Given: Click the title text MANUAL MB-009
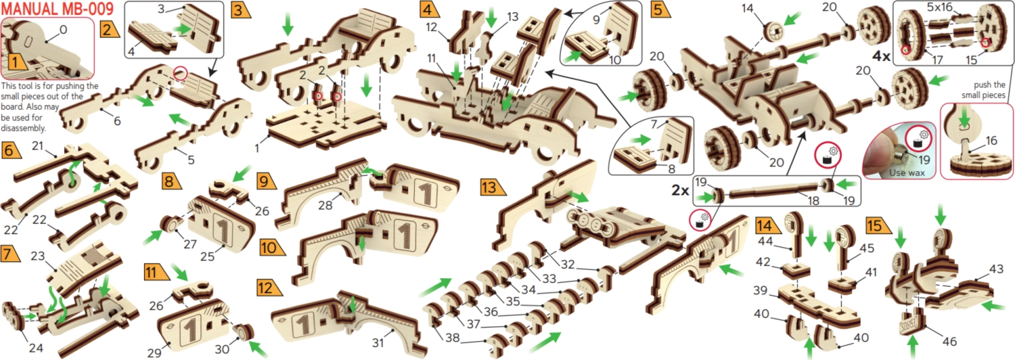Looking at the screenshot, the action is (57, 9).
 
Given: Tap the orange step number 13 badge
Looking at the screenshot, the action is (493, 187).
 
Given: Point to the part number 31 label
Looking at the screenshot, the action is (378, 343).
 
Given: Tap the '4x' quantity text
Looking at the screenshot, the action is (881, 56).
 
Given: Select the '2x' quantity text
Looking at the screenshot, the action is (681, 190).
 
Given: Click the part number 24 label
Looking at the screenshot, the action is (37, 348).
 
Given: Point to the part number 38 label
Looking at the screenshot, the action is (452, 337).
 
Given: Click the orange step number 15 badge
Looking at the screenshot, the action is (876, 225).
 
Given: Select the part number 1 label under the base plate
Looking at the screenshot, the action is (257, 148).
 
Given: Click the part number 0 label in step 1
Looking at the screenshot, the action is (64, 30).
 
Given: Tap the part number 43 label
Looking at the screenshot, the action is (995, 269).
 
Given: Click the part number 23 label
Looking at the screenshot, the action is (38, 256).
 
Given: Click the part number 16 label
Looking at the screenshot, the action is (991, 141).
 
